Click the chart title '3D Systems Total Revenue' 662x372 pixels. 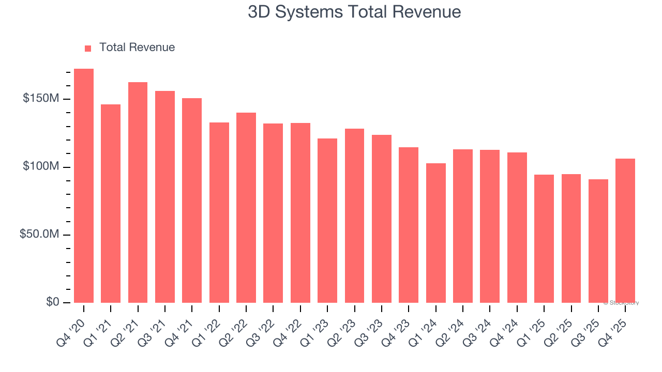coord(354,12)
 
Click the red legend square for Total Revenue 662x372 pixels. coord(88,48)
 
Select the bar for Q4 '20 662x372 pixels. coord(84,185)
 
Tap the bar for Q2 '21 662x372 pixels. coord(138,192)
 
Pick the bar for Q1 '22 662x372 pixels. coord(219,212)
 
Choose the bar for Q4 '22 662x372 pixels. coord(300,212)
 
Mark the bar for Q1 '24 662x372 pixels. coord(436,233)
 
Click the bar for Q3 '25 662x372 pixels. coord(598,241)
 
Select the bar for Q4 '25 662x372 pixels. coord(625,230)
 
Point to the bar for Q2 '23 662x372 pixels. coord(354,215)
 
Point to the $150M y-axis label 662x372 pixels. coord(40,99)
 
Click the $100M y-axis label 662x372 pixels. coord(40,167)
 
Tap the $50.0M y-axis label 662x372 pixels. coord(39,235)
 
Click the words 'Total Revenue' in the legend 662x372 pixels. coord(137,48)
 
